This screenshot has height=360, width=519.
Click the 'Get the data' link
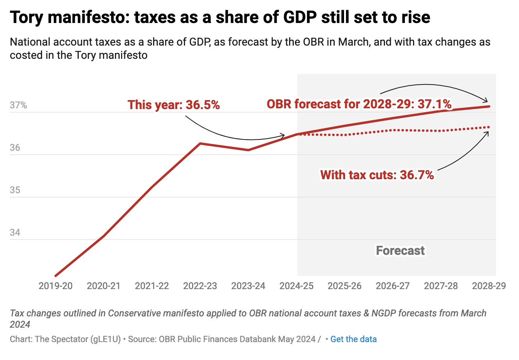[353, 339]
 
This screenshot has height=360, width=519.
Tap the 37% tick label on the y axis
[18, 105]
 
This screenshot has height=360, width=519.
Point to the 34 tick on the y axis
[16, 233]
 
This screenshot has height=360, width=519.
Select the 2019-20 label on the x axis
[56, 286]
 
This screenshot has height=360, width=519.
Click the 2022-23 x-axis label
[200, 286]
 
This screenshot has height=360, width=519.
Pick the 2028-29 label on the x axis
[489, 286]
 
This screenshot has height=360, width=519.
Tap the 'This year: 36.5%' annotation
[174, 105]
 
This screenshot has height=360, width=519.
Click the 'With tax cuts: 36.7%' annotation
[377, 175]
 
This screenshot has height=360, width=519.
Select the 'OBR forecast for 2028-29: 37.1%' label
[359, 104]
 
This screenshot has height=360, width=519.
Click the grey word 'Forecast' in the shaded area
[400, 251]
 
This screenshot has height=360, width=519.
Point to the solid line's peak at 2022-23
[200, 143]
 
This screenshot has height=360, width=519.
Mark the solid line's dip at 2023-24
[248, 150]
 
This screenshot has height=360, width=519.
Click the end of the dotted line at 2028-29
[489, 127]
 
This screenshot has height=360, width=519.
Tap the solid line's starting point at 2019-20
[56, 276]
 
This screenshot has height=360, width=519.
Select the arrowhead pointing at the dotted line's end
[487, 132]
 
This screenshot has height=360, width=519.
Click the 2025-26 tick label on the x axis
[344, 286]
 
